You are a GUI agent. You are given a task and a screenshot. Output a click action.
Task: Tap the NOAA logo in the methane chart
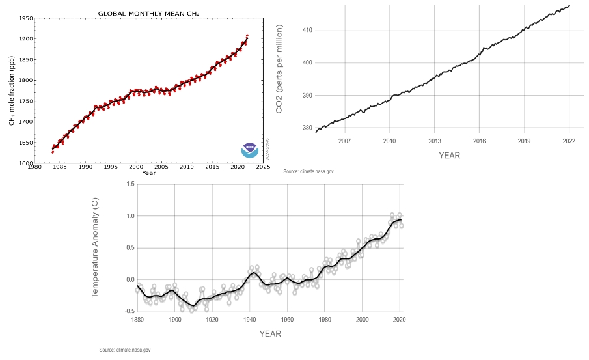pos(249,150)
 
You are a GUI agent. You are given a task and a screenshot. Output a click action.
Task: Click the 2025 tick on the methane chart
pos(263,167)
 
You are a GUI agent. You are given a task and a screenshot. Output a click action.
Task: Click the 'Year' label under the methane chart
pos(148,173)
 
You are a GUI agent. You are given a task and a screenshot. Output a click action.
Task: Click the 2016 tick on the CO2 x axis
pos(479,141)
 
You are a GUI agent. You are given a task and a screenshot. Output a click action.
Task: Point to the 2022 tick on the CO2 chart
pos(569,141)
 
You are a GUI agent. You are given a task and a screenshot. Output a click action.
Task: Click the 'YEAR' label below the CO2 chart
pos(449,156)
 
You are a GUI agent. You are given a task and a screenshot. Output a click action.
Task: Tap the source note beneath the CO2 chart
pos(309,171)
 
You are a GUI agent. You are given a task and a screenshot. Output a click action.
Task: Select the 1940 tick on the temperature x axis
pos(249,320)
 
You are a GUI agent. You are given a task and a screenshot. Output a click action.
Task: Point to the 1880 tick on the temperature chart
pos(137,320)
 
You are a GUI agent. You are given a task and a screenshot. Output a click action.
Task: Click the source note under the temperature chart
pos(125,350)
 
